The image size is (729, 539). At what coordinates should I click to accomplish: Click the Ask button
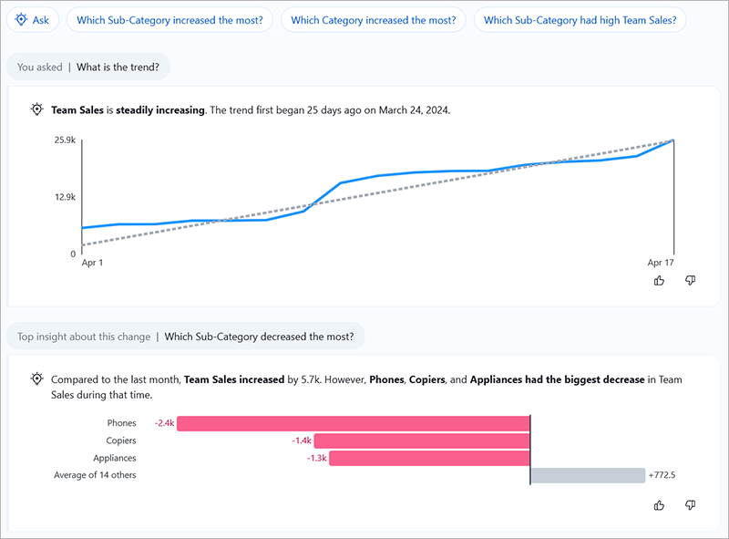click(x=33, y=19)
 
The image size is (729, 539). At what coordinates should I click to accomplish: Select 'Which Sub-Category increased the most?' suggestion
click(x=170, y=19)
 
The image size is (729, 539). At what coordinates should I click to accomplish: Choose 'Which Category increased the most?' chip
click(x=374, y=19)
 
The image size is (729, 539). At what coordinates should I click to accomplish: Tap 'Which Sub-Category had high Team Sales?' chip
click(x=580, y=19)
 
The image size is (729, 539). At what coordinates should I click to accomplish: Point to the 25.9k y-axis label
click(x=64, y=140)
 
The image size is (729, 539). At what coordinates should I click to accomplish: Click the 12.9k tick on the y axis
click(x=64, y=197)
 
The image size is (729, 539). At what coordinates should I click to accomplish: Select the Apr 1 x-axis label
click(x=93, y=263)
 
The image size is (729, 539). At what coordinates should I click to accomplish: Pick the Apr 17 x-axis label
click(x=661, y=263)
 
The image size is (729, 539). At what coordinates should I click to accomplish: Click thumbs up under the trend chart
click(x=660, y=281)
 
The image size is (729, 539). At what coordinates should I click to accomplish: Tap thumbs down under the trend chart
click(x=690, y=281)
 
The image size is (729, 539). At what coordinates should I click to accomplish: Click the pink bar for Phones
click(x=354, y=423)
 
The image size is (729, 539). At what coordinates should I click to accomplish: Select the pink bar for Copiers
click(x=421, y=441)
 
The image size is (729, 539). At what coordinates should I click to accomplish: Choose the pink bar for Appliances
click(x=428, y=458)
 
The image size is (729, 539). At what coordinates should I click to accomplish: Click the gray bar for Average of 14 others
click(x=587, y=475)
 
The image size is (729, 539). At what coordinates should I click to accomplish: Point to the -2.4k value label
click(x=164, y=423)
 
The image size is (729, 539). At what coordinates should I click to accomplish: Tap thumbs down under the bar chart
click(x=690, y=505)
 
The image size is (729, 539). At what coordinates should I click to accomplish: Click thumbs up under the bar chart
click(x=660, y=505)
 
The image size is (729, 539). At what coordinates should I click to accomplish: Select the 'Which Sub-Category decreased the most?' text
click(x=259, y=337)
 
